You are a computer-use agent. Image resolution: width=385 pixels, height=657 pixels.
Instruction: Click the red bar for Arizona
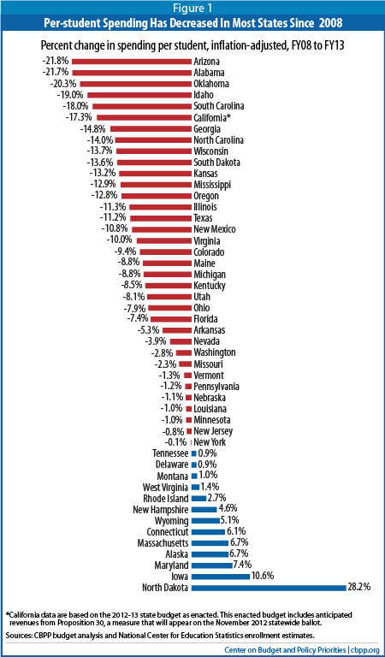click(x=131, y=62)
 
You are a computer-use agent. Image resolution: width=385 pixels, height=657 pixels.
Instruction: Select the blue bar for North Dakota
click(x=269, y=588)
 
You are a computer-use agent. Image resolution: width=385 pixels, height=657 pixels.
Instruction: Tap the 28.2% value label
click(x=358, y=588)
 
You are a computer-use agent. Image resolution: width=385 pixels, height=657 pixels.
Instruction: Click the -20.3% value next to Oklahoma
click(x=66, y=83)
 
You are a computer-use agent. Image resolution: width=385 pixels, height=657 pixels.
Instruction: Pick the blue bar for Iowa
click(x=221, y=576)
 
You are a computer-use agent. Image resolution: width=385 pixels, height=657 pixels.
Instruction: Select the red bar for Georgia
click(x=151, y=128)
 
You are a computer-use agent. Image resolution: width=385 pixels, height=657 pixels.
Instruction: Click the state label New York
click(x=207, y=442)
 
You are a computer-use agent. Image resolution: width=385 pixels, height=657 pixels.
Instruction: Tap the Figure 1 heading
click(x=192, y=8)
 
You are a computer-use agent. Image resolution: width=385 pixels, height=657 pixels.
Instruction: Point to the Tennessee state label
click(x=173, y=453)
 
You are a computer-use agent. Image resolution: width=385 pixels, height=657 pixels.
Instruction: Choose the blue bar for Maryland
click(x=211, y=565)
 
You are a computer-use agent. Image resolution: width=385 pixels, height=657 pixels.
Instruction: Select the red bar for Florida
click(x=171, y=319)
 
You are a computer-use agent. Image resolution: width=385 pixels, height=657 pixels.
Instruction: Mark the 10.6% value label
click(x=263, y=576)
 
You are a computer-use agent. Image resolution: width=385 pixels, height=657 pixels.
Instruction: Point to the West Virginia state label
click(x=166, y=487)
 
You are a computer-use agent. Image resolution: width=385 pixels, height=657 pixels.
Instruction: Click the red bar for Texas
click(x=161, y=218)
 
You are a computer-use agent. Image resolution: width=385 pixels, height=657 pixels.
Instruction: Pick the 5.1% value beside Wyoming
click(x=229, y=520)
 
